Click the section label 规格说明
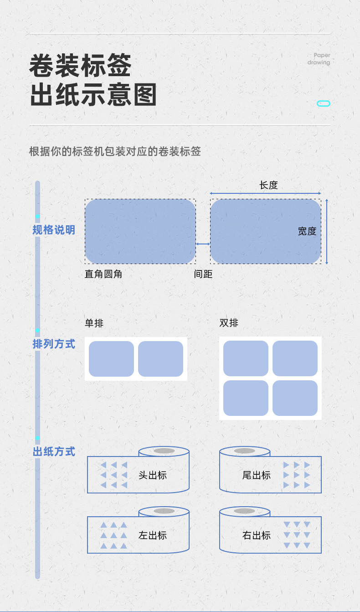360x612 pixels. [x=54, y=230]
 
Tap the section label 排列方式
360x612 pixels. [x=54, y=344]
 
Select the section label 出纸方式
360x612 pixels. [x=54, y=452]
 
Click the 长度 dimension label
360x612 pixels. [x=268, y=185]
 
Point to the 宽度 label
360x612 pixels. [x=307, y=231]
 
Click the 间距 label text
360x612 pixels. [x=203, y=274]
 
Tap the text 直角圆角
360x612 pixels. [x=103, y=274]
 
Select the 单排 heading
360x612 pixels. [x=94, y=323]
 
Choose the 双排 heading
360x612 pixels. [x=229, y=323]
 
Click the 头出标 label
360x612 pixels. [x=153, y=475]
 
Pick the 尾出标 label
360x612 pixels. [x=257, y=475]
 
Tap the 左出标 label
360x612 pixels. [x=153, y=535]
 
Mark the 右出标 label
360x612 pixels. [x=257, y=535]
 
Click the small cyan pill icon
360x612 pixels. [x=323, y=104]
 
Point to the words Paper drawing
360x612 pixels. [x=319, y=59]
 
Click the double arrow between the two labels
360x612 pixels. [x=203, y=244]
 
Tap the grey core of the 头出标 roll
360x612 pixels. [x=164, y=451]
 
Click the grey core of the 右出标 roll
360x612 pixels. [x=245, y=511]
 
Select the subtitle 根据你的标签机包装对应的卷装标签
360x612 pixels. [x=115, y=151]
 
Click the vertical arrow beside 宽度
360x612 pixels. [x=327, y=231]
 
